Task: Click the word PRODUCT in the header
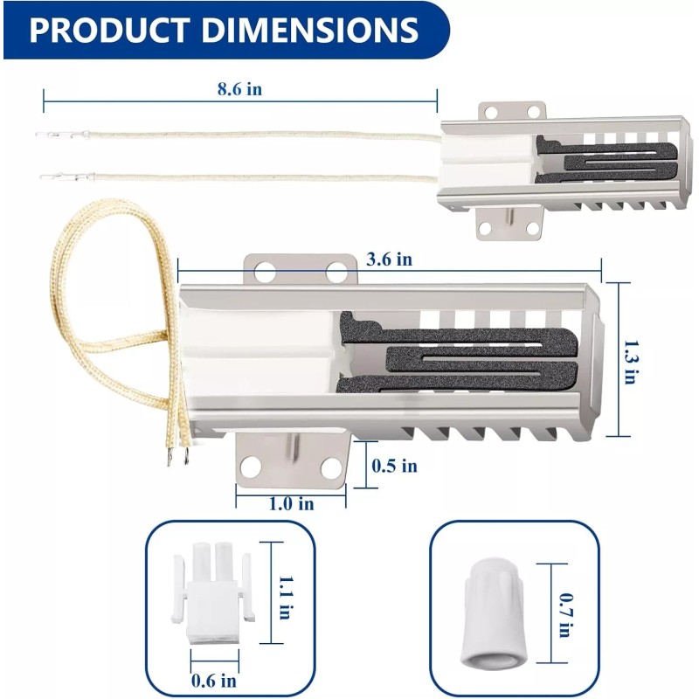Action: [111, 30]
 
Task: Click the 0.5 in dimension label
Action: [394, 466]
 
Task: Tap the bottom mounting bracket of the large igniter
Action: [293, 463]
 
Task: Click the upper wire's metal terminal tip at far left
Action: [44, 135]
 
